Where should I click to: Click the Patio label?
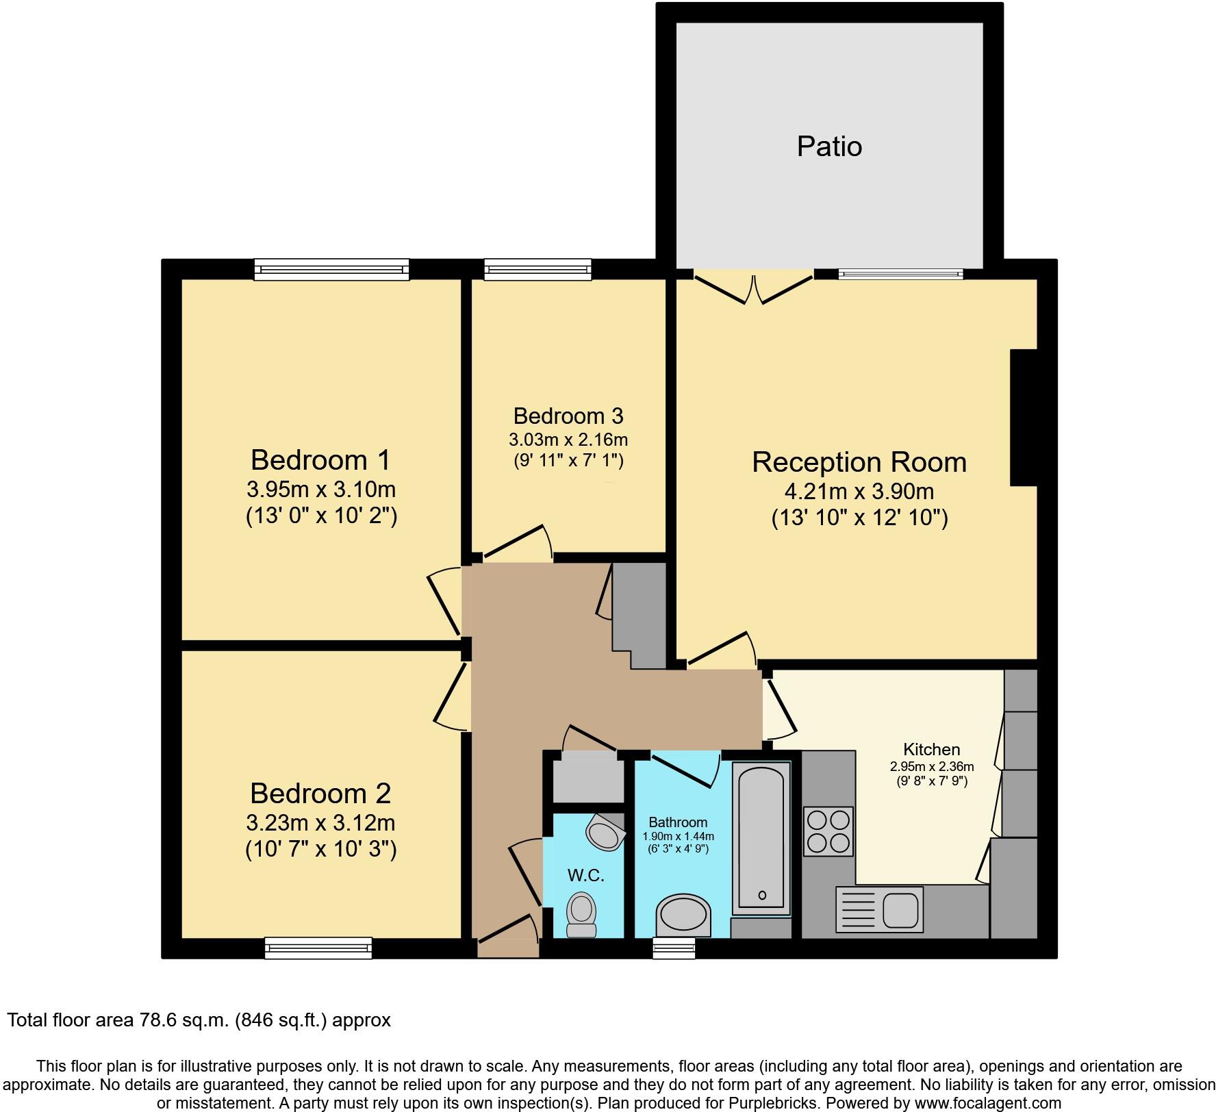pos(828,147)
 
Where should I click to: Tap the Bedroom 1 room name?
pos(320,459)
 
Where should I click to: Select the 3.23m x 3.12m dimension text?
pos(320,822)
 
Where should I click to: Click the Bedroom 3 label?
pos(568,416)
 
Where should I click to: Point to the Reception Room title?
pos(859,462)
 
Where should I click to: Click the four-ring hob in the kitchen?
pos(828,831)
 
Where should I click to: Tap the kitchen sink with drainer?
pos(879,909)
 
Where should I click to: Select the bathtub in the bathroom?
pos(761,839)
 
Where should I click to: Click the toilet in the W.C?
pos(582,913)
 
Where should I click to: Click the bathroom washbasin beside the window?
pos(683,916)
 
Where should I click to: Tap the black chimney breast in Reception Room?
pos(1024,417)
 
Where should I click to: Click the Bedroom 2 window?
pos(318,948)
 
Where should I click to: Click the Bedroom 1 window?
pos(331,269)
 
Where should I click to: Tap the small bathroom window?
pos(674,948)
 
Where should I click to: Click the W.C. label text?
pos(585,875)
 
